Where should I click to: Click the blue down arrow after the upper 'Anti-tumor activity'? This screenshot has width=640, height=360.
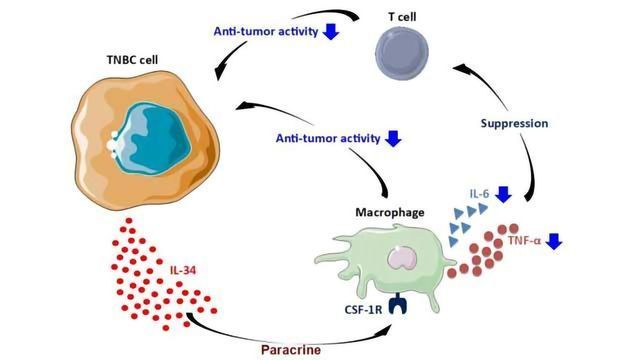pos(331,31)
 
